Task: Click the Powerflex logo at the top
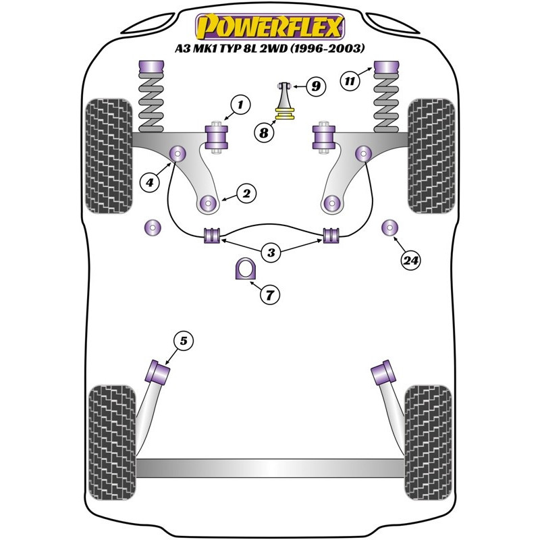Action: point(270,27)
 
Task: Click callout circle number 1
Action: point(240,105)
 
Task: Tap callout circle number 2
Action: point(246,194)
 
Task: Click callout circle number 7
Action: point(269,295)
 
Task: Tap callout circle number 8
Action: point(265,133)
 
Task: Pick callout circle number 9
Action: point(315,86)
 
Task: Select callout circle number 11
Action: point(349,82)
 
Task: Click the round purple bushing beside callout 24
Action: point(390,227)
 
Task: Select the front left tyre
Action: point(106,155)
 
